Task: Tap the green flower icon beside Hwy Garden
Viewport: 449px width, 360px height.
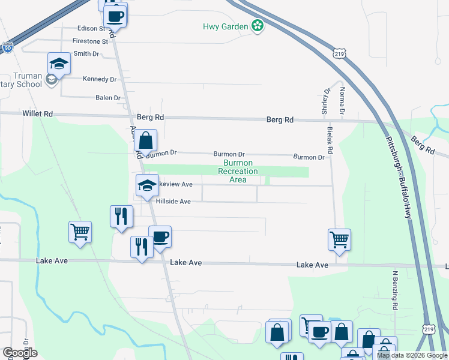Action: tap(258, 26)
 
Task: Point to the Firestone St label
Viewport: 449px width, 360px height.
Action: tap(90, 41)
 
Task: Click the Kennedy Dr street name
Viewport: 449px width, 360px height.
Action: tap(100, 79)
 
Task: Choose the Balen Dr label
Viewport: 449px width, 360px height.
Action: tap(108, 98)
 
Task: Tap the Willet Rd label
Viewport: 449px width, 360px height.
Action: tap(38, 113)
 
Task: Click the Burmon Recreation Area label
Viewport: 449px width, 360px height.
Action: tap(238, 171)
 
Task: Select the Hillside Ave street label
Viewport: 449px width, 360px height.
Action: tap(173, 202)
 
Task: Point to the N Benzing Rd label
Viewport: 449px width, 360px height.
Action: tap(396, 291)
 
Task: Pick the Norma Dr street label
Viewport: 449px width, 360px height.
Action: tap(342, 101)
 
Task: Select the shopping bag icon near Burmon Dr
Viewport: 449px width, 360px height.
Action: tap(145, 141)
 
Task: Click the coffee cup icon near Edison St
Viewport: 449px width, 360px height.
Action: tap(116, 16)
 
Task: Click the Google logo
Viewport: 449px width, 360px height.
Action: tap(21, 353)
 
